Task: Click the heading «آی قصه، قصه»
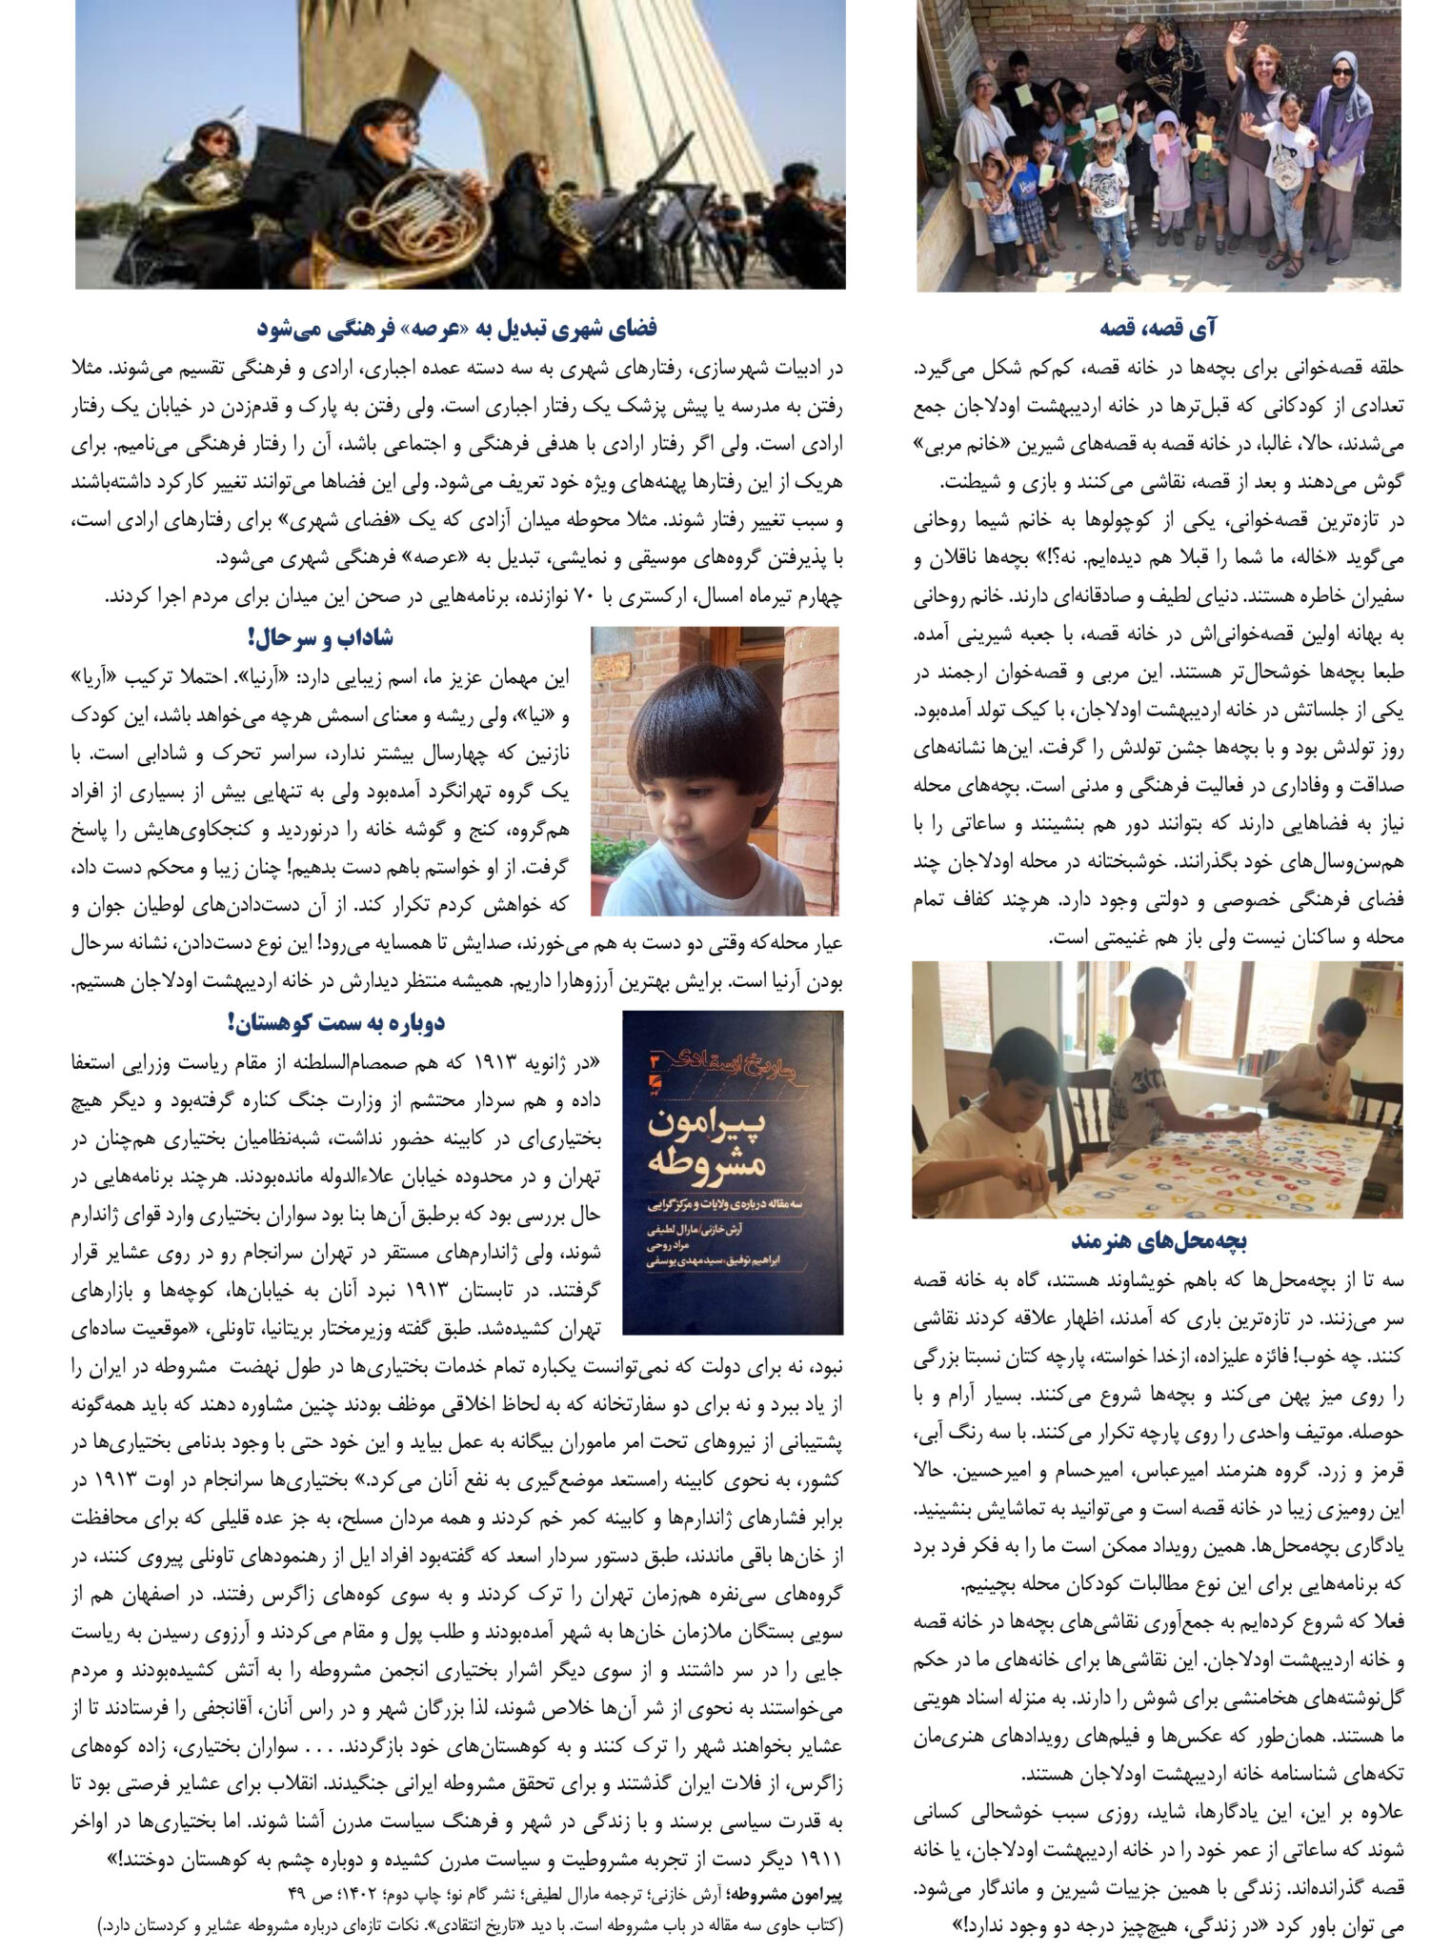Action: pos(1158,329)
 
